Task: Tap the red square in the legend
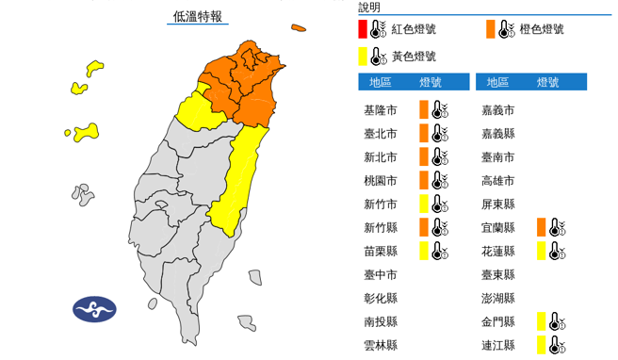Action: (x=364, y=29)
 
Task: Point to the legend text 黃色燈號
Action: (x=415, y=56)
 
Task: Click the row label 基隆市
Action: (x=380, y=110)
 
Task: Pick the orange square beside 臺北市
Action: (x=424, y=133)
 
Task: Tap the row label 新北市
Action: (x=380, y=156)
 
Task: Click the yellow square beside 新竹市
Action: (x=424, y=203)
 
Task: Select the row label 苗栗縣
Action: (x=380, y=250)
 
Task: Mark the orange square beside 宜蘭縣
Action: (x=542, y=226)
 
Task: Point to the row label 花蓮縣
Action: (x=497, y=250)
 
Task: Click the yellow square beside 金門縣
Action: (x=542, y=321)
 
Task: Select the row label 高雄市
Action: (x=497, y=180)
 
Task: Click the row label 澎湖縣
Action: (x=497, y=298)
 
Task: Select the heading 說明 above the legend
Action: (x=369, y=8)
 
